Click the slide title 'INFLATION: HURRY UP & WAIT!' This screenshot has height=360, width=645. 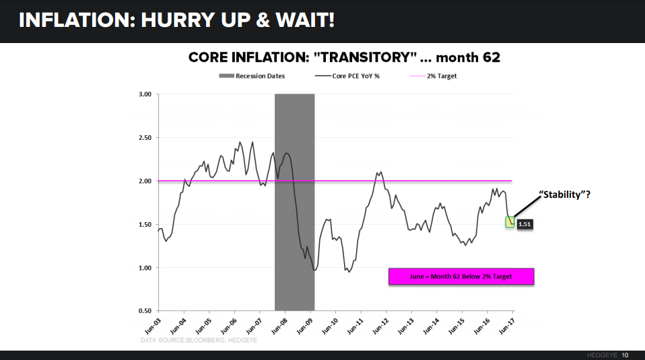pyautogui.click(x=176, y=20)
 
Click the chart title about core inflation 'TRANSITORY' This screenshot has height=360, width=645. pyautogui.click(x=344, y=57)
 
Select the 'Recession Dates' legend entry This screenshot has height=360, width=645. pyautogui.click(x=252, y=76)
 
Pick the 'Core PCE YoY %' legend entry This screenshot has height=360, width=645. pyautogui.click(x=347, y=76)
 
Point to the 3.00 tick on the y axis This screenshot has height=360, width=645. pyautogui.click(x=143, y=94)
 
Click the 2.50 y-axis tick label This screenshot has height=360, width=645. pyautogui.click(x=143, y=138)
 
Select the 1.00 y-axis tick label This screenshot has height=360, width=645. pyautogui.click(x=143, y=268)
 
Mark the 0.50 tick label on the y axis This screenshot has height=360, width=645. pyautogui.click(x=143, y=312)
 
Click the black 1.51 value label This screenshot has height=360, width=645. pyautogui.click(x=524, y=225)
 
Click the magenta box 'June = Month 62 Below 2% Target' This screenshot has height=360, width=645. pyautogui.click(x=461, y=277)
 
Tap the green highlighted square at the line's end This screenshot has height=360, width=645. pyautogui.click(x=510, y=221)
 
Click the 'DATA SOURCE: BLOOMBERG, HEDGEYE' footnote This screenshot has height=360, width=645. pyautogui.click(x=199, y=340)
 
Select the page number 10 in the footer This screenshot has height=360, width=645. pyautogui.click(x=625, y=355)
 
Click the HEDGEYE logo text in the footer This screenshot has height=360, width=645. pyautogui.click(x=598, y=355)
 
